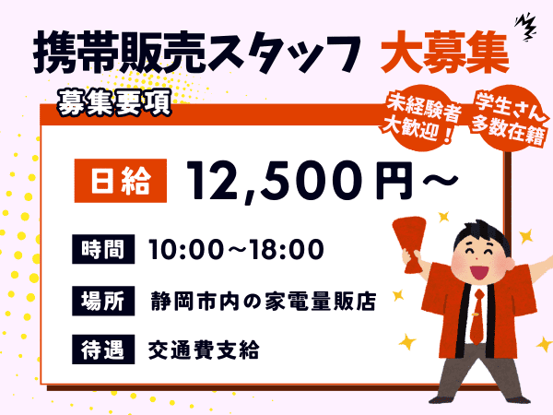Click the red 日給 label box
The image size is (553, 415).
click(x=120, y=181)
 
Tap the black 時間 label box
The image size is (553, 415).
click(x=103, y=249)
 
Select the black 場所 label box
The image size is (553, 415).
click(x=103, y=301)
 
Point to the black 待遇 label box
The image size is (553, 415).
click(x=103, y=350)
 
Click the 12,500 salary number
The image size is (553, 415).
click(x=278, y=182)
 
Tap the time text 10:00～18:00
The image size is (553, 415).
click(x=236, y=249)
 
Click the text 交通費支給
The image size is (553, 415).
click(x=204, y=350)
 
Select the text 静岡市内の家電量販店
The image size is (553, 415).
click(x=263, y=301)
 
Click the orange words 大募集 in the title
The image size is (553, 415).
click(x=445, y=53)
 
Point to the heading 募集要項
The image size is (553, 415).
click(x=114, y=102)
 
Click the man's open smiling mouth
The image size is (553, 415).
click(x=479, y=272)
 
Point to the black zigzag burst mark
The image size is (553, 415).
click(x=525, y=27)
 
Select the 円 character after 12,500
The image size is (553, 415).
click(x=394, y=181)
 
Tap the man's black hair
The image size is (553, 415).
click(x=482, y=234)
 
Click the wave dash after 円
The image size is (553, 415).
click(x=441, y=180)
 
